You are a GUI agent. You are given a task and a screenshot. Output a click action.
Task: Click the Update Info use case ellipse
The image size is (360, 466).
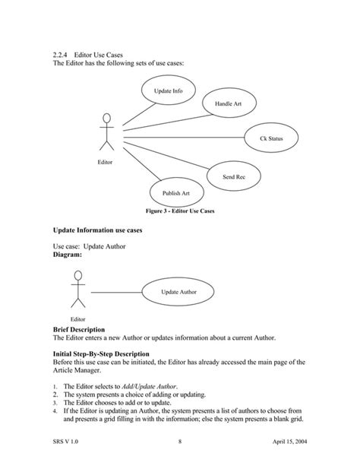pos(168,91)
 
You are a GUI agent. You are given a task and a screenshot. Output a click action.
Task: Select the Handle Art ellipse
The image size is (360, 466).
pos(229,103)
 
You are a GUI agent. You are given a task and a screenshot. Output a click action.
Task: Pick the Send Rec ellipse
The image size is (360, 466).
pos(233,176)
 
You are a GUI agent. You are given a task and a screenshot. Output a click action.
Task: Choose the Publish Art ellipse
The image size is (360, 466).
pos(175,193)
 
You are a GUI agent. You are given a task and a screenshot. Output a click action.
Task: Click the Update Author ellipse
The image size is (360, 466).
pos(178,292)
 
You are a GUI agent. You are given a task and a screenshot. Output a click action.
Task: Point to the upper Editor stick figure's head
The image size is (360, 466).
pos(107,119)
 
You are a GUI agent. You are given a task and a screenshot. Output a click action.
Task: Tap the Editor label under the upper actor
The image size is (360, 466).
pos(105,163)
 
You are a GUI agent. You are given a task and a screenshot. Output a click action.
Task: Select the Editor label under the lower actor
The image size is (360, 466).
pos(78,319)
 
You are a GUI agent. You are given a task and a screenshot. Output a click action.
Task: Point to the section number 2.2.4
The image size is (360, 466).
pos(62,56)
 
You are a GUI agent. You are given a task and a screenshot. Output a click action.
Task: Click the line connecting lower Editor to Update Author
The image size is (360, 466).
pos(115,292)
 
